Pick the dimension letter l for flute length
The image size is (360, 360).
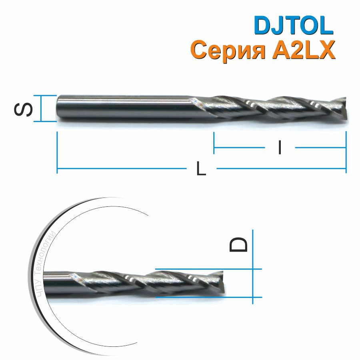[280, 148]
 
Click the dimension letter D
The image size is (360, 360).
[239, 244]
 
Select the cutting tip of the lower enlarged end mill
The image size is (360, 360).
[221, 284]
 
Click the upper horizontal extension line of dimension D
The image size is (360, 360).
[208, 269]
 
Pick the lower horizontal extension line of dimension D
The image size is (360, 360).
[208, 298]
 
